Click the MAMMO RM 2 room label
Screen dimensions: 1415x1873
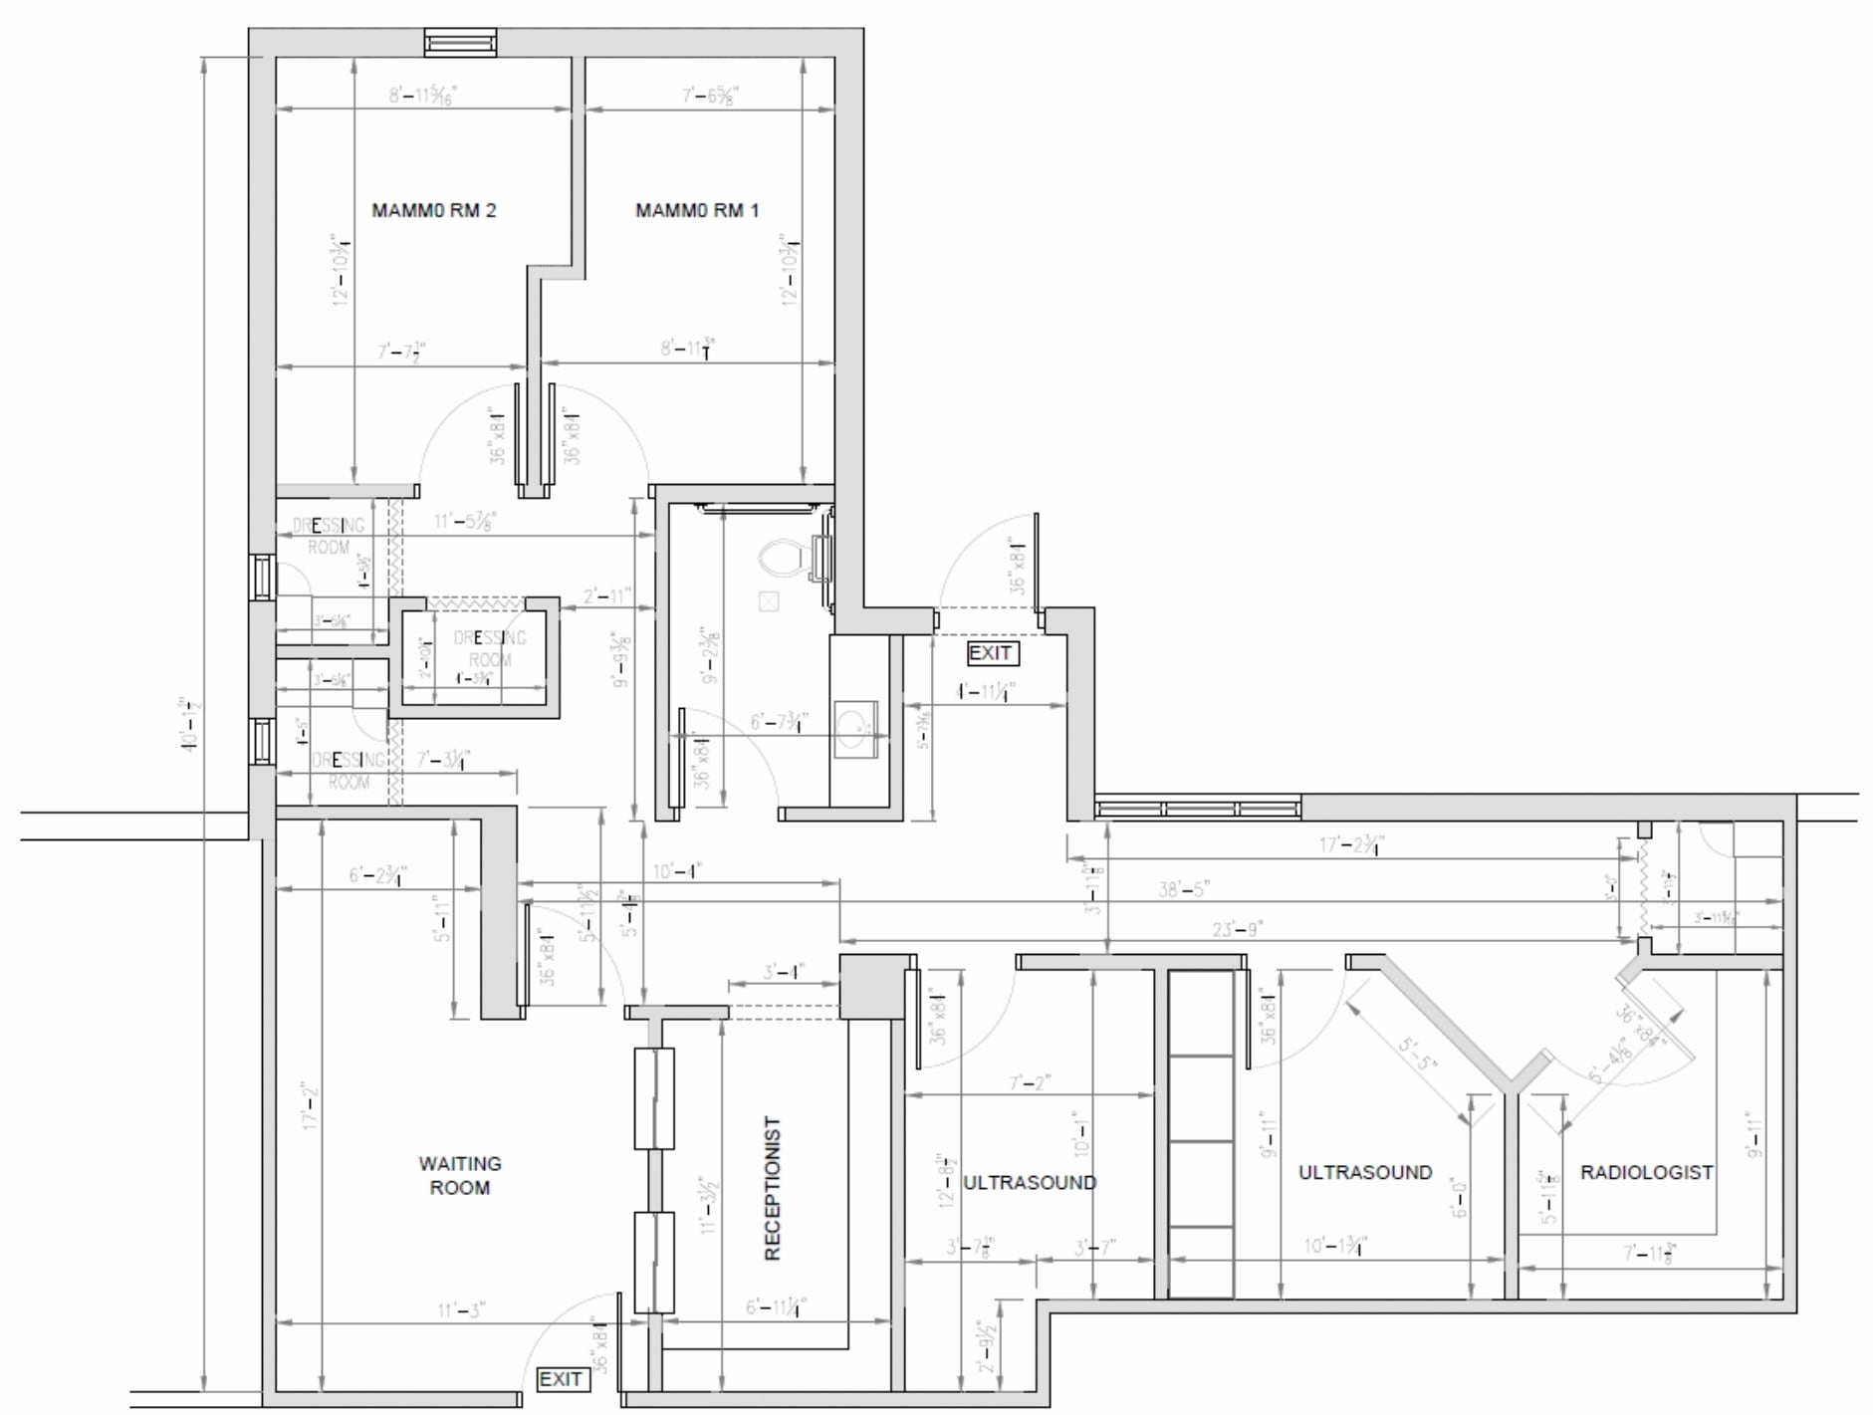click(433, 210)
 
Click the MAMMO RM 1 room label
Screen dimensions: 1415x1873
click(697, 210)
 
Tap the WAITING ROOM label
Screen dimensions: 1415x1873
click(459, 1175)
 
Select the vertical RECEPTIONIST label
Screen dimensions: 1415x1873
click(773, 1188)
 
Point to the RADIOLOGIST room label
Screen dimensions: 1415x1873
click(1646, 1172)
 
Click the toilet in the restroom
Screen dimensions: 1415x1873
click(786, 559)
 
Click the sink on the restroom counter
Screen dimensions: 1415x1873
click(854, 726)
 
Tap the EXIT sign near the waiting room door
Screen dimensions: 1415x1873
click(561, 1378)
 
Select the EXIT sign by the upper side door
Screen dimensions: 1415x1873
click(991, 653)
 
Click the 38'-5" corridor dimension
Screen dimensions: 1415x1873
click(1183, 888)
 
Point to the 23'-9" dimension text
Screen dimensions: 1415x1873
click(1237, 928)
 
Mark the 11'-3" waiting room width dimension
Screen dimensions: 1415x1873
click(461, 1309)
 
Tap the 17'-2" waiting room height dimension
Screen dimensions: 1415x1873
click(310, 1105)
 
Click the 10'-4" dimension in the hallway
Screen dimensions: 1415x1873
click(677, 871)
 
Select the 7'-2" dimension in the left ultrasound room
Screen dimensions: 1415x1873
click(1030, 1082)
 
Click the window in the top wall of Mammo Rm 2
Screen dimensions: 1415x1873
click(460, 42)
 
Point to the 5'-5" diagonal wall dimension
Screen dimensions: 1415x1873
click(1418, 1053)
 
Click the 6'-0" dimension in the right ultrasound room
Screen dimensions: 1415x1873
click(1459, 1198)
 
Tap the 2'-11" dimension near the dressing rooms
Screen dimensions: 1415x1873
click(606, 595)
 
